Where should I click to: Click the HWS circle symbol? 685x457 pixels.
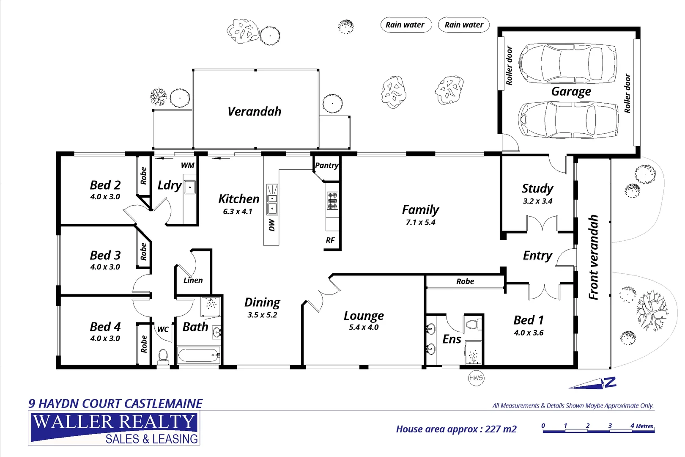coord(476,378)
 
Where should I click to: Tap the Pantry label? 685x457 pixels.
coord(326,165)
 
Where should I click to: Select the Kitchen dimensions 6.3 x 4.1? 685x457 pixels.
coord(238,212)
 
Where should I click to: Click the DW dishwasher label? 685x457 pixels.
coord(272,225)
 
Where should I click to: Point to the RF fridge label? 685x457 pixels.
coord(330,240)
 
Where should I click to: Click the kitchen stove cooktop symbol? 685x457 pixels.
coord(332,201)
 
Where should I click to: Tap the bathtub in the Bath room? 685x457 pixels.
coord(198,355)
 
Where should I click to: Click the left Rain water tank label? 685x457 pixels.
coord(405,25)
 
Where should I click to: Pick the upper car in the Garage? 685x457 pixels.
coord(567,63)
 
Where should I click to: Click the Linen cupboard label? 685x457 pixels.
coord(193,280)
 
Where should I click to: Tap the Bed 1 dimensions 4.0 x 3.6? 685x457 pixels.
coord(529,333)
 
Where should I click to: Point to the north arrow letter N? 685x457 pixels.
coord(610,383)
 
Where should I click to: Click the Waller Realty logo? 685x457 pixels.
coord(114,428)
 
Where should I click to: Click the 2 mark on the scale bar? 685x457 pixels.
coord(588,426)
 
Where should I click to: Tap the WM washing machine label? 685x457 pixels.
coord(187,165)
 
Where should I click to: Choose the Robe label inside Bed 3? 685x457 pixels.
coord(144,251)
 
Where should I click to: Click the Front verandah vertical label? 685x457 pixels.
coord(594,257)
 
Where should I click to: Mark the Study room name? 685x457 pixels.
coord(537,188)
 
